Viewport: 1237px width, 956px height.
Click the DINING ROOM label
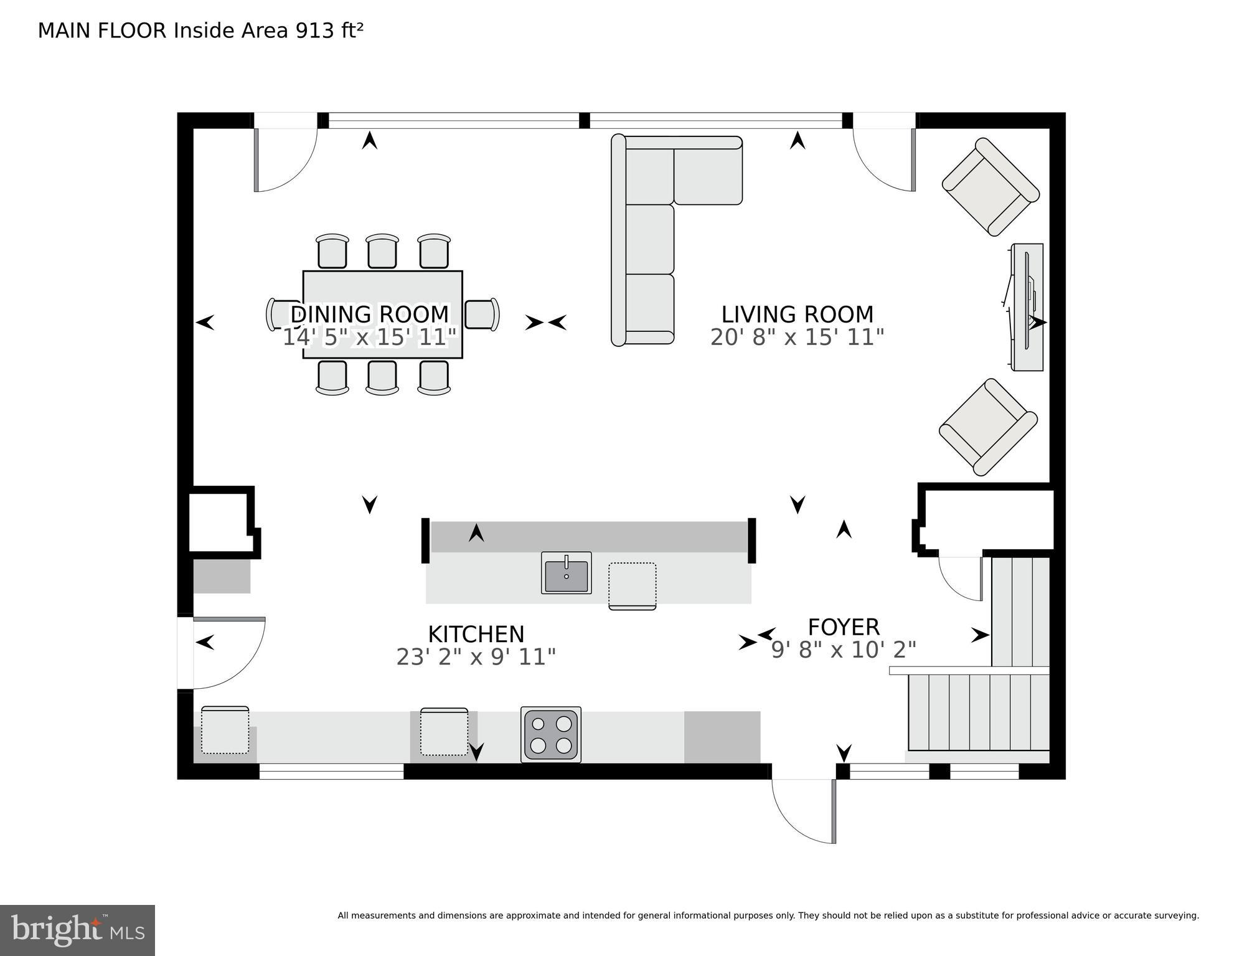pos(369,314)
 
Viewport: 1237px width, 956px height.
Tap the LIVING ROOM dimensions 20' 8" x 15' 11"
pos(797,338)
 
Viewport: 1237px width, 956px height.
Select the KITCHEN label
pos(476,634)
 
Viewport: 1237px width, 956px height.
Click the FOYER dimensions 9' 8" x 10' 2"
pos(844,650)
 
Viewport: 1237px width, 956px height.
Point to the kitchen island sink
pos(566,573)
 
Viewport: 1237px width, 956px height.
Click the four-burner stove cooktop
pos(551,734)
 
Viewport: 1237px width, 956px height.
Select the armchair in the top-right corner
pos(990,187)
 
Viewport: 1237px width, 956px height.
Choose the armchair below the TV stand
pos(988,427)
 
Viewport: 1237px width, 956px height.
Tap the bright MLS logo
pos(77,930)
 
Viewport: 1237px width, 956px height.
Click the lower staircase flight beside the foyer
pos(977,713)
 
